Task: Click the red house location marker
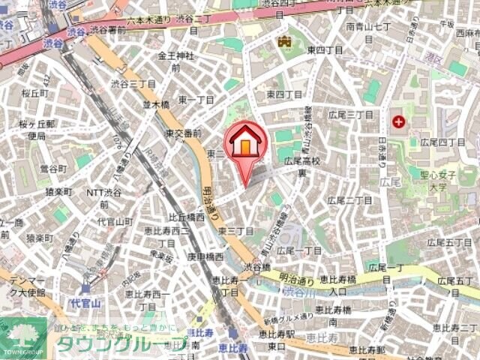[244, 142]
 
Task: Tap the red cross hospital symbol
[397, 121]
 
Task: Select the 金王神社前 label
[176, 61]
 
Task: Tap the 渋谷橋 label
[256, 266]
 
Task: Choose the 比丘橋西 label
[186, 217]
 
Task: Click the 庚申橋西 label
[205, 256]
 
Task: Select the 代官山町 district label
[115, 222]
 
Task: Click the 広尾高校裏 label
[302, 166]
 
